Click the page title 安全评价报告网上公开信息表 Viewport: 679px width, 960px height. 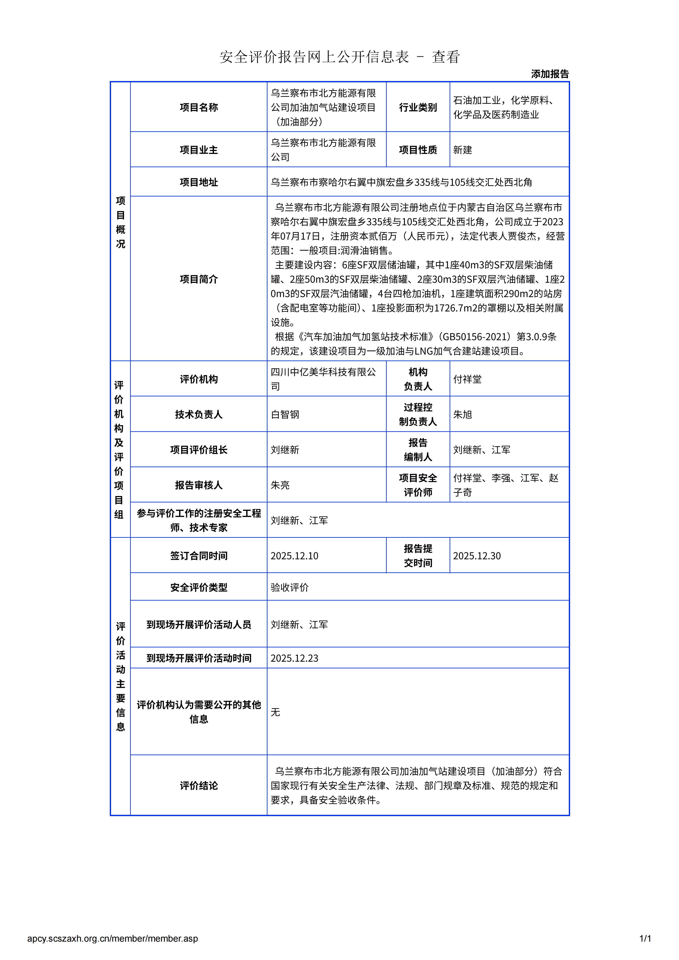[314, 57]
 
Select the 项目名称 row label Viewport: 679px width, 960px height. [199, 108]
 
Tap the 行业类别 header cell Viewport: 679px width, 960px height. [418, 108]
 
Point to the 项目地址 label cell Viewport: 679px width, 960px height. [199, 182]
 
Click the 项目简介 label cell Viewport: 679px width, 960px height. [199, 279]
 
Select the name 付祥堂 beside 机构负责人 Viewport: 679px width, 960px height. [467, 379]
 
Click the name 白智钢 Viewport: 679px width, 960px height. [285, 414]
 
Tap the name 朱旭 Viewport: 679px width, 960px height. [462, 414]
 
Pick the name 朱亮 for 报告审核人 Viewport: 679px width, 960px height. [280, 485]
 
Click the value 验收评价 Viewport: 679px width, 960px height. [290, 588]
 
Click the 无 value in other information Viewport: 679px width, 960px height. [275, 712]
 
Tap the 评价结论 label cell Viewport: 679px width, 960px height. [199, 786]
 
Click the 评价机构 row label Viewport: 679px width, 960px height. [199, 379]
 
